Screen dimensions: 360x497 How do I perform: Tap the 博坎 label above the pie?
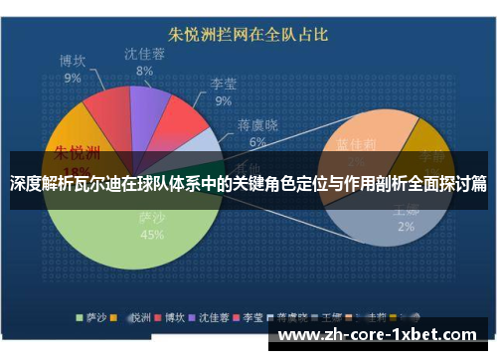73,61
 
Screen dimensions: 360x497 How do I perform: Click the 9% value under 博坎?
73,78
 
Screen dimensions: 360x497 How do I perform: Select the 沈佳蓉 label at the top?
145,54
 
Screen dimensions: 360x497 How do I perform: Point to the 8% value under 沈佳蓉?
145,71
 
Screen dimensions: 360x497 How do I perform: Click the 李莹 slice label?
224,85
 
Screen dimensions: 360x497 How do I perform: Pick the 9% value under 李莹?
224,100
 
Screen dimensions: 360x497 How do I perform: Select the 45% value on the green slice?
153,236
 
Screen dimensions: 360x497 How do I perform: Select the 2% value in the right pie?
406,228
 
